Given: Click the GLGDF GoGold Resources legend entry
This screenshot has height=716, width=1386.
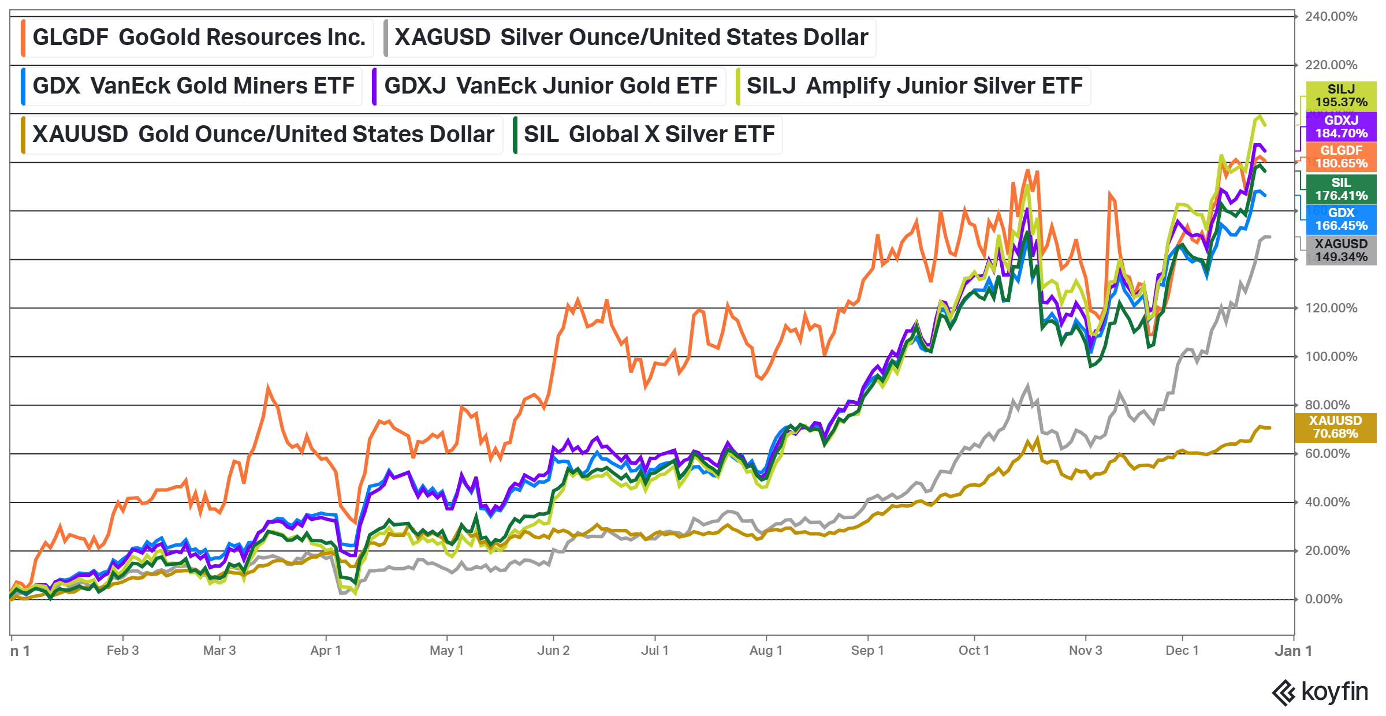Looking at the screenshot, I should (198, 38).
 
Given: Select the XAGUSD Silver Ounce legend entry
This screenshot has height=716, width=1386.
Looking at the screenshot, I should (631, 38).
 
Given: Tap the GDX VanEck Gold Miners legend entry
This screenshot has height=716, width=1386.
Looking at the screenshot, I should (193, 86).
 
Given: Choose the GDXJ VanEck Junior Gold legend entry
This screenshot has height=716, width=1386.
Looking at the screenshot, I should (550, 86).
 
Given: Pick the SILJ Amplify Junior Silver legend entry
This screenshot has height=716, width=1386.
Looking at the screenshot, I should (914, 86).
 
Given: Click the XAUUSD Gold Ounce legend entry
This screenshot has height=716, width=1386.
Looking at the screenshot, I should (263, 135).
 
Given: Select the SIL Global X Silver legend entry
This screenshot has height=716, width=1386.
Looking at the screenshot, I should (649, 135).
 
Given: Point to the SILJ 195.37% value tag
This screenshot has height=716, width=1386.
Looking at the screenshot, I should (1341, 96).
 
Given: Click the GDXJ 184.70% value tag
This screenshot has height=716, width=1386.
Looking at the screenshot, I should (1341, 127).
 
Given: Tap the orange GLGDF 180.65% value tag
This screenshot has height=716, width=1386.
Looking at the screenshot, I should (1341, 157).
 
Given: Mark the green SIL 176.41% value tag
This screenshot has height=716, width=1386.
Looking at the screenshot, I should (1341, 189).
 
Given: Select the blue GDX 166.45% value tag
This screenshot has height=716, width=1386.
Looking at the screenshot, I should (1341, 219).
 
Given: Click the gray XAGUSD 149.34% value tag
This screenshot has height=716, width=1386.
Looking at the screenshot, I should (1341, 251).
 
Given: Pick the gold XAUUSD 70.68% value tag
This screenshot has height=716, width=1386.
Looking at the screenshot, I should (1335, 427).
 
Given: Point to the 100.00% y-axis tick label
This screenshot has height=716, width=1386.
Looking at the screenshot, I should (1331, 357).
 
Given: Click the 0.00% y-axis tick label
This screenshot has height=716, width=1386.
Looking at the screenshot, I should (1324, 599).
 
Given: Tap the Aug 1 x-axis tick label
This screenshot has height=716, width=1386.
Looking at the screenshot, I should (766, 651).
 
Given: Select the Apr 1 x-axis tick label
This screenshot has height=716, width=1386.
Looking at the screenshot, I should (326, 651).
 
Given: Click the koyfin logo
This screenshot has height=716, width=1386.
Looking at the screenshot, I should (1320, 692).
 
